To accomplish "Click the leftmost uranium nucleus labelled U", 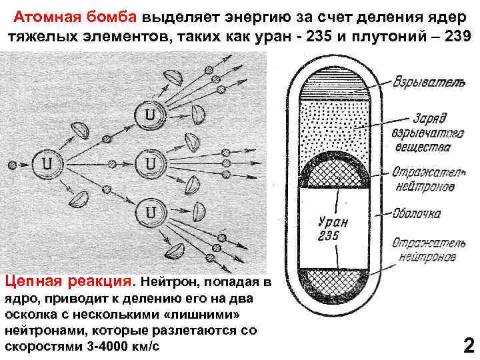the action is [45, 161].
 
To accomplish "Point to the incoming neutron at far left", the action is [11, 163].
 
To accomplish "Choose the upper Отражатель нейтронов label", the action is [424, 179].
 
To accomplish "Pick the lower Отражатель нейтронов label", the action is [424, 249].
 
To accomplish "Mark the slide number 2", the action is [468, 345].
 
